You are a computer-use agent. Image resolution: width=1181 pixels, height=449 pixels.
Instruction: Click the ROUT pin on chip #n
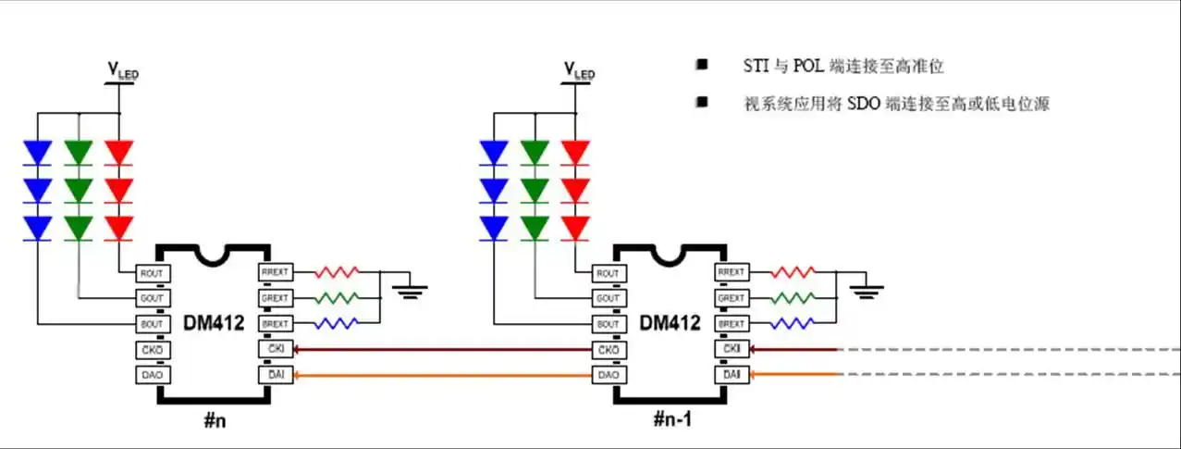(x=150, y=273)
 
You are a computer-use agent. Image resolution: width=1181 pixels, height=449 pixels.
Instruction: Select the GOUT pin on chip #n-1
(x=608, y=299)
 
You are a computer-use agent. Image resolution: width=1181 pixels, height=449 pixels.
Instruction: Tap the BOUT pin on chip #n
(x=150, y=324)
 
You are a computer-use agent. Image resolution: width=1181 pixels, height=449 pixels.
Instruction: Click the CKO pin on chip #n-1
(x=608, y=350)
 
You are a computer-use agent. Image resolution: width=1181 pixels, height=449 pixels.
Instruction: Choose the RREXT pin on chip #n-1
(x=732, y=273)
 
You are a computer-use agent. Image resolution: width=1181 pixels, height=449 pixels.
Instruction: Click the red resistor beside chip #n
(x=337, y=273)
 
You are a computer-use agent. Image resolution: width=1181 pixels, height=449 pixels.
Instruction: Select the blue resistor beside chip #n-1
(x=793, y=324)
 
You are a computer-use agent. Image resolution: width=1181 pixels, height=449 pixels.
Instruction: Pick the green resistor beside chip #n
(x=337, y=298)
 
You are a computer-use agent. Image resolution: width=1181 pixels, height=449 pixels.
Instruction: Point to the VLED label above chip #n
(x=123, y=69)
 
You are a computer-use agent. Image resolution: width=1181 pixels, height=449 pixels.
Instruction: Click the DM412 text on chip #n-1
(x=670, y=323)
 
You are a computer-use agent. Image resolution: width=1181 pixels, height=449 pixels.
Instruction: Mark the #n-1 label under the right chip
(x=672, y=419)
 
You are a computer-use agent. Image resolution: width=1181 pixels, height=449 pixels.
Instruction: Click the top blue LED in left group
(x=38, y=152)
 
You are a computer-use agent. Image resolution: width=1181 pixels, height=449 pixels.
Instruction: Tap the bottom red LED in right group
(x=575, y=228)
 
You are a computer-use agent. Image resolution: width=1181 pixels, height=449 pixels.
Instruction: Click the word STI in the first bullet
(x=755, y=67)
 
